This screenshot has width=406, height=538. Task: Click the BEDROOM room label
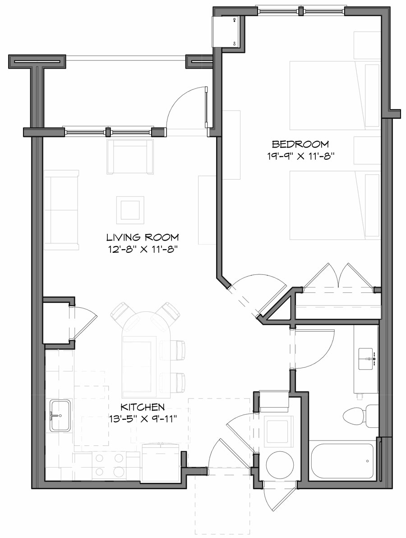(300, 144)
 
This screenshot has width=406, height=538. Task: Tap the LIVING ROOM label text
(142, 237)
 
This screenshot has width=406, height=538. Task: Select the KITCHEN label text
(142, 407)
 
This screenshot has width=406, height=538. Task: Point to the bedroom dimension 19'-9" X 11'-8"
(300, 156)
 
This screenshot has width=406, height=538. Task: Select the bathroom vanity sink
(366, 359)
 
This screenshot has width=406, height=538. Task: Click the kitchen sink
(60, 416)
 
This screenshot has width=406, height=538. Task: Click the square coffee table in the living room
(130, 209)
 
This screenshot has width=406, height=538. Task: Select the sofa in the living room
(62, 209)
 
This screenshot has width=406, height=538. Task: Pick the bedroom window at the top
(301, 11)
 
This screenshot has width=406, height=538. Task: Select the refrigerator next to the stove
(161, 461)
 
